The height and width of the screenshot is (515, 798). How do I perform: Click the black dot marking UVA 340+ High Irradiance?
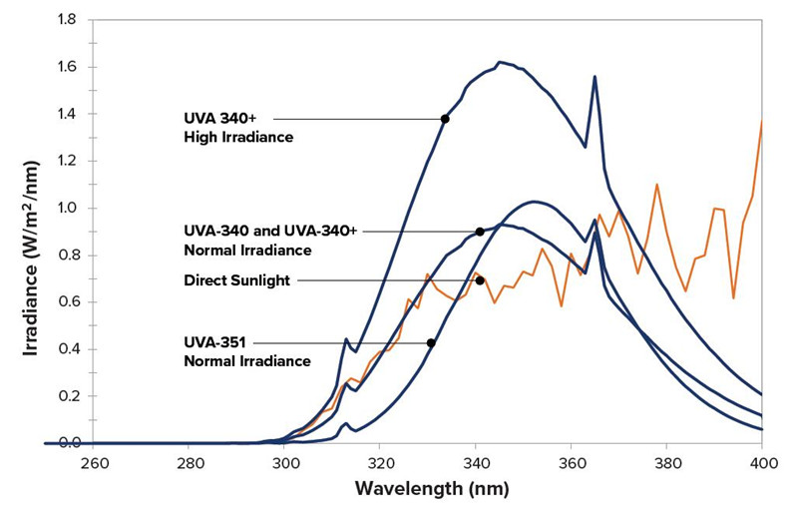(x=445, y=119)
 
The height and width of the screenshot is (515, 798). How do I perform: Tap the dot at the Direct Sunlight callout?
(x=480, y=280)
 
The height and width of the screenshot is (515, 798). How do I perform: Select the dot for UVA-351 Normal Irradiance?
(x=431, y=343)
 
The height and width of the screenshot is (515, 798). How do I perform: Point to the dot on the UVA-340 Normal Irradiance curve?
(x=480, y=232)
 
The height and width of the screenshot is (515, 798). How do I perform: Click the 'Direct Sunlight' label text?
(x=236, y=281)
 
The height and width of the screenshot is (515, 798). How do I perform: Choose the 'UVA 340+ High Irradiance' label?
(x=238, y=128)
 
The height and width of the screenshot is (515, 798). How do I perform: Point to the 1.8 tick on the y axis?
(x=68, y=20)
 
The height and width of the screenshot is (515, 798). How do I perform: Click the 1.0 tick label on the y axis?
(x=68, y=208)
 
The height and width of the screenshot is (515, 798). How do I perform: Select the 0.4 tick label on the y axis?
(x=68, y=349)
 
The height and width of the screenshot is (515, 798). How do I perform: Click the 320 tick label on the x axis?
(x=380, y=464)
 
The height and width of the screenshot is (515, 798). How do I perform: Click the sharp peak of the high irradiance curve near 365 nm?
(x=596, y=77)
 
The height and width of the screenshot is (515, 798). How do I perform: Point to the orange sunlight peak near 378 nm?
(x=657, y=185)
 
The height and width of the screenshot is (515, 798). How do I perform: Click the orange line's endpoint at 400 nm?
(x=762, y=122)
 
